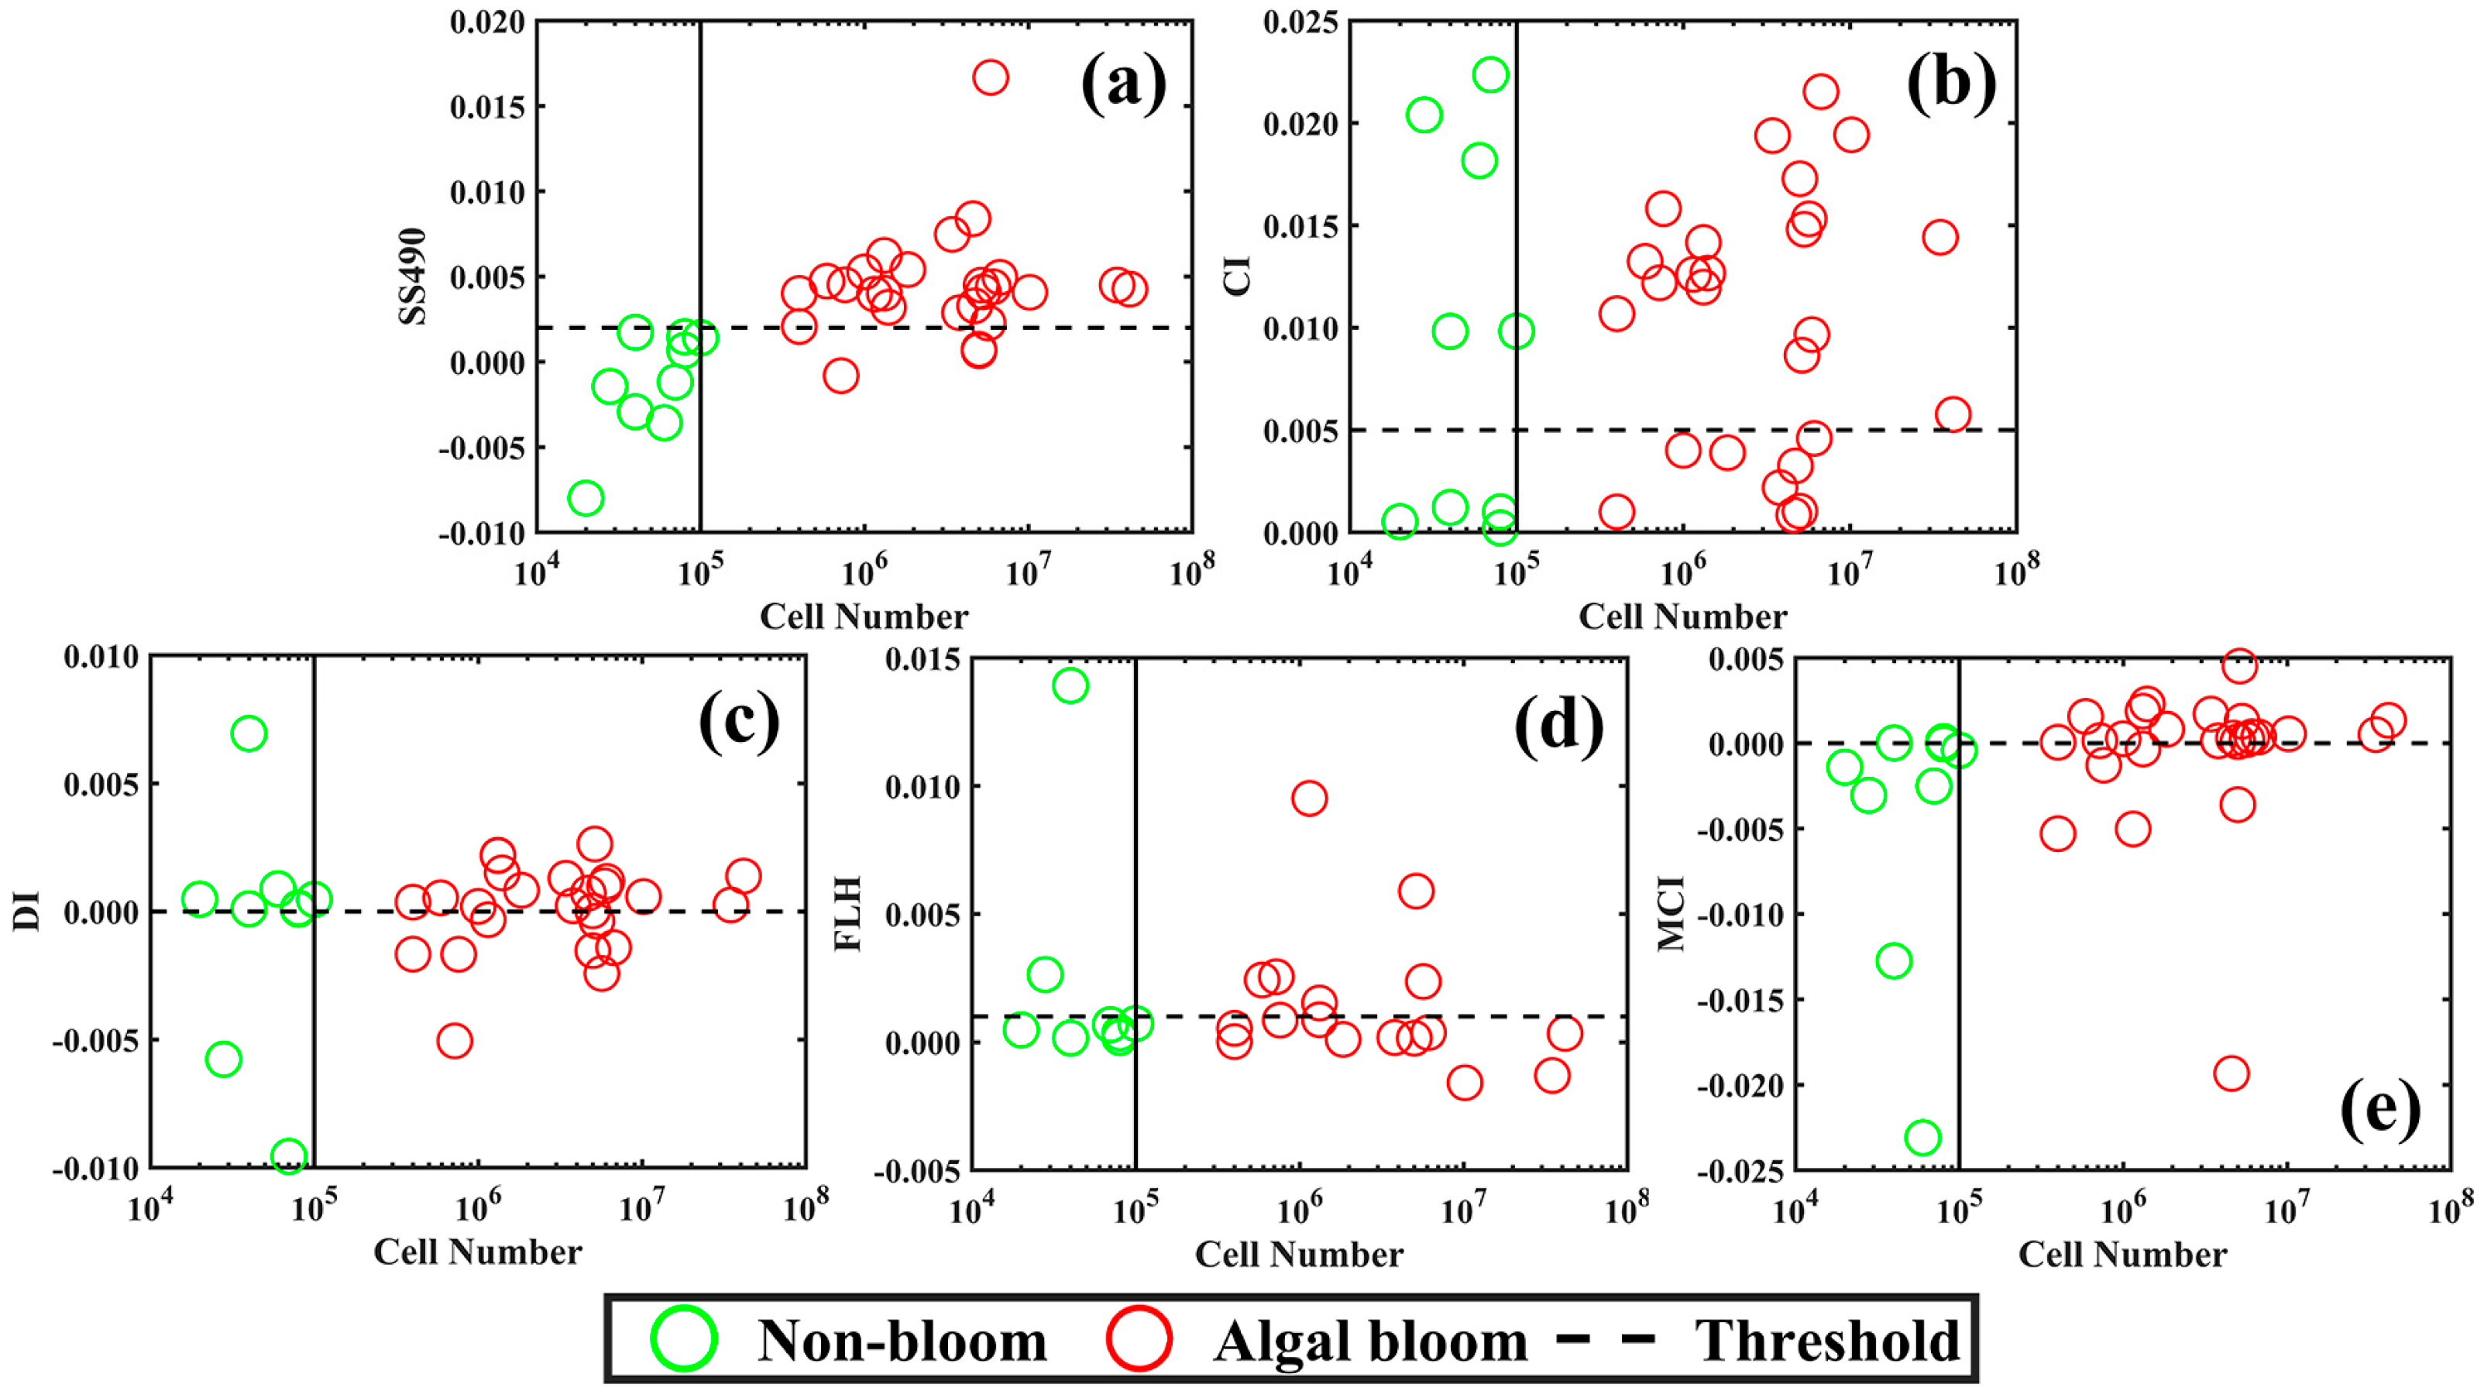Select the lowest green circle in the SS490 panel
[586, 499]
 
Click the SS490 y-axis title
[413, 277]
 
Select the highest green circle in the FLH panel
[1070, 686]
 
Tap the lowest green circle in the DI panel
[288, 1156]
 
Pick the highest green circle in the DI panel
[249, 733]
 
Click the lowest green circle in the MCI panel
[1922, 1138]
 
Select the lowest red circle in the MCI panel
[2231, 1073]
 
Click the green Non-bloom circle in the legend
[684, 1339]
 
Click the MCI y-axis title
[1671, 913]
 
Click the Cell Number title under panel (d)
[1299, 1255]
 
